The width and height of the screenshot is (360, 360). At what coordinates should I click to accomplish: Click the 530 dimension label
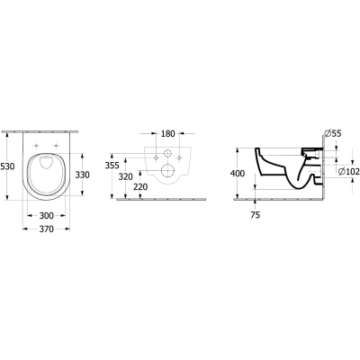[7, 166]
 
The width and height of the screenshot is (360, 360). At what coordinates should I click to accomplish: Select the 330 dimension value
[82, 175]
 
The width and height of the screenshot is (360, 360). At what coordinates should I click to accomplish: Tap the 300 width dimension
[47, 215]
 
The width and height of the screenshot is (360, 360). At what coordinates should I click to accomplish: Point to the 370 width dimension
[47, 229]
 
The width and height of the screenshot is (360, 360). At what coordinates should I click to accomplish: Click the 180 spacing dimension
[168, 134]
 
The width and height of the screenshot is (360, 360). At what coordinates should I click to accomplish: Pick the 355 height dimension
[112, 166]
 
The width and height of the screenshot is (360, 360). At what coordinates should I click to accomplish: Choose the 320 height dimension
[125, 177]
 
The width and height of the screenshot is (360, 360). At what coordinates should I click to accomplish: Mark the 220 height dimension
[140, 187]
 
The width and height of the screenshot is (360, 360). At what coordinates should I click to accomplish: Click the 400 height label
[238, 174]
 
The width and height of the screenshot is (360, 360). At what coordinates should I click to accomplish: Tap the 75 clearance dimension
[255, 215]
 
